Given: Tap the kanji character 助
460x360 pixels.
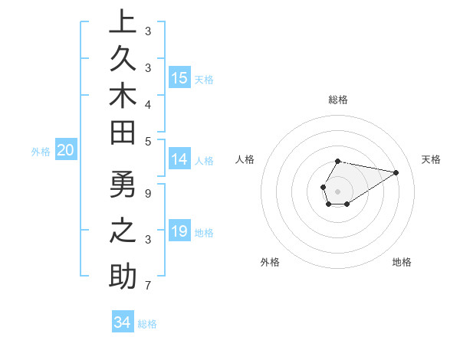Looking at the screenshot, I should tap(123, 276).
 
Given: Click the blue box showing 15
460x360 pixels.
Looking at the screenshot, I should tap(179, 77).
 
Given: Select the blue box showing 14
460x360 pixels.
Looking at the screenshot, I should tap(179, 159).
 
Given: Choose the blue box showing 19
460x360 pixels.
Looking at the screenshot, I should tap(179, 231).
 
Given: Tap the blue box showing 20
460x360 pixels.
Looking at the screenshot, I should tap(66, 150).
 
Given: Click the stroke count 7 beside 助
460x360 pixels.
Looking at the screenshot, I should tap(147, 286).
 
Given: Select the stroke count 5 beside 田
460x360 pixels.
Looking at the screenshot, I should tap(147, 141).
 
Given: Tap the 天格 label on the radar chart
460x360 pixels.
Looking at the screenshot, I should tap(431, 159).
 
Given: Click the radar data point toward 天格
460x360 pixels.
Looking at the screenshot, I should tap(396, 172).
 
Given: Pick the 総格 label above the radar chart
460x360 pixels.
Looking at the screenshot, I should tap(338, 100).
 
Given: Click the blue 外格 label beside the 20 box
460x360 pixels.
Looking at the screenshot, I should tap(41, 152).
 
